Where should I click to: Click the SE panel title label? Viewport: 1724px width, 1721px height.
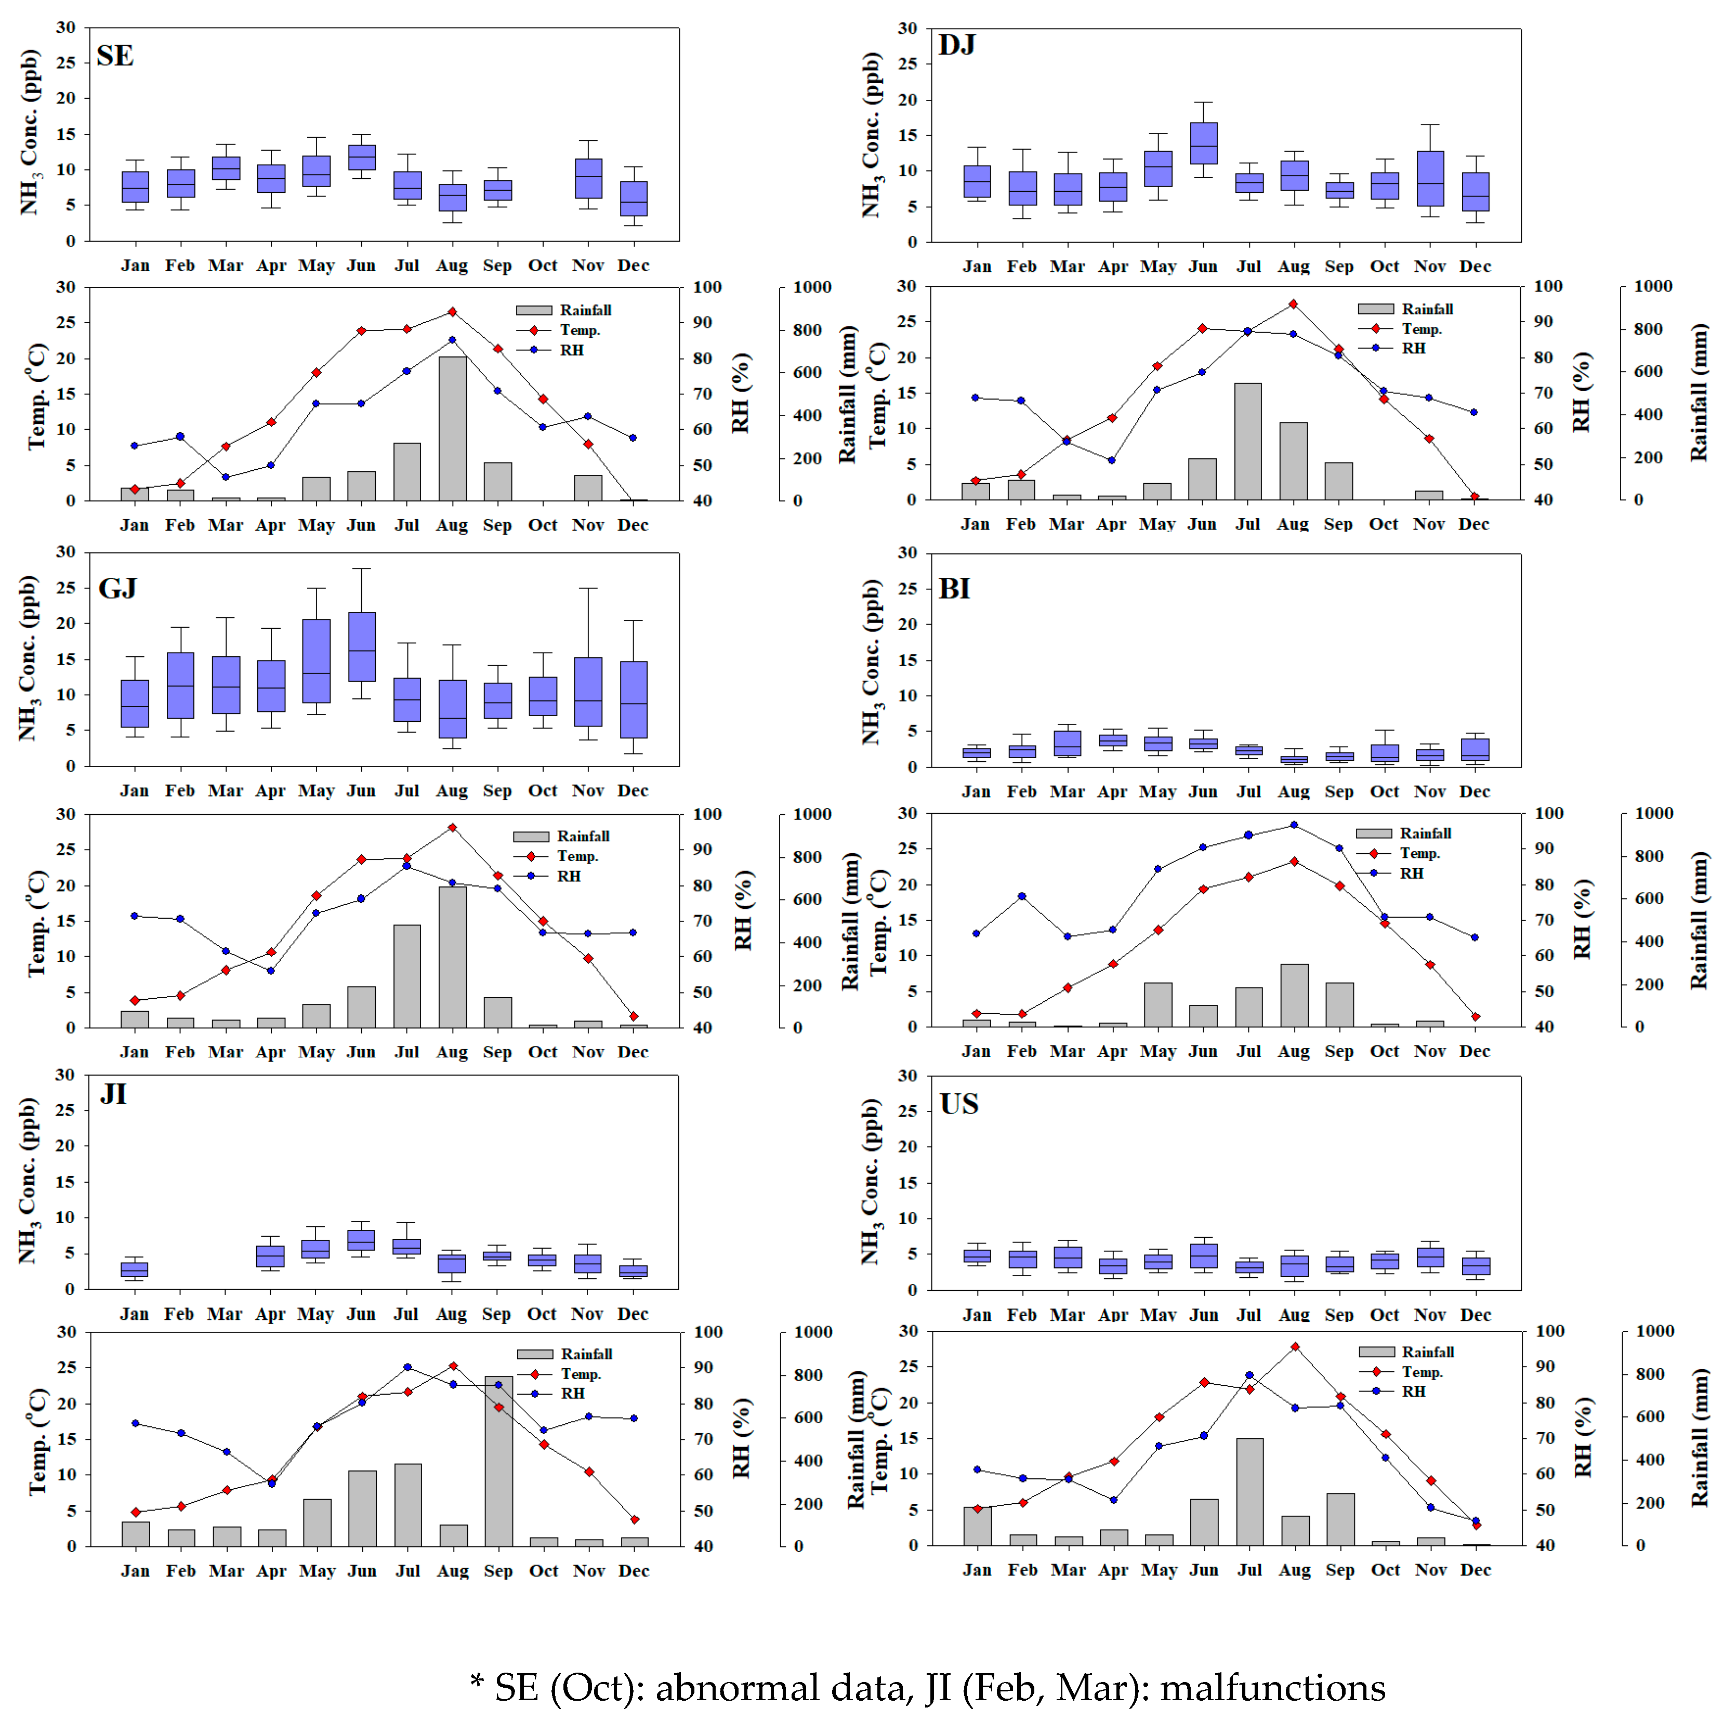[115, 56]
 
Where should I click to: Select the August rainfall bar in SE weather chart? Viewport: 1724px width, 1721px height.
[452, 428]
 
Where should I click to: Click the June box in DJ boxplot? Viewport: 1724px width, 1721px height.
[1203, 143]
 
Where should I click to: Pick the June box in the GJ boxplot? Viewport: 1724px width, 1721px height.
[361, 647]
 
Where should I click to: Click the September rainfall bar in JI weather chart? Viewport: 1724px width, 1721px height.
[499, 1461]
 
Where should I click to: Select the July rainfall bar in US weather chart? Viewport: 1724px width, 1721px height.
[1249, 1492]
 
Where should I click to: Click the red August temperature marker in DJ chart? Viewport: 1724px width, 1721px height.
[1293, 304]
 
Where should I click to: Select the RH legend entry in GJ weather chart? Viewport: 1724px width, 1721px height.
[569, 876]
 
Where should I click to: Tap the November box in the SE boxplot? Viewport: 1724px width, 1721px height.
[588, 178]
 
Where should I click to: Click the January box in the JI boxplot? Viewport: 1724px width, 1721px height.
[135, 1269]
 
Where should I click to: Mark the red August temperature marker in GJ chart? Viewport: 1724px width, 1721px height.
[452, 828]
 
